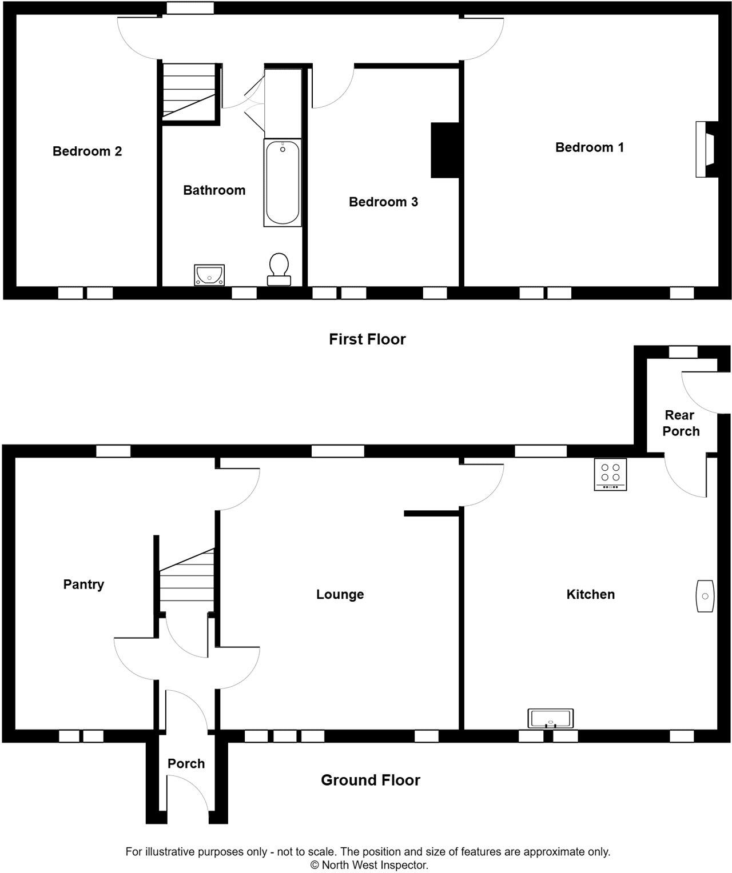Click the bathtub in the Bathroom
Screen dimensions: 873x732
(x=282, y=183)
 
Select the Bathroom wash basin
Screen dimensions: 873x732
(x=209, y=275)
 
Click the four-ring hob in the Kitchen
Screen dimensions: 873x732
(x=610, y=474)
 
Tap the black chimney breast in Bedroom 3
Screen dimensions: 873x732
(x=445, y=150)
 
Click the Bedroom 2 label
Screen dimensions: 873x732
(x=87, y=151)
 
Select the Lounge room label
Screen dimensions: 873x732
(x=340, y=595)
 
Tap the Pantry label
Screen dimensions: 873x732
(x=83, y=584)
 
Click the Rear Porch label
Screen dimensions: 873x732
(x=681, y=423)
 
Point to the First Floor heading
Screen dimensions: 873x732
(x=367, y=339)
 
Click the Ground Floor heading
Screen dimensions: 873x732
(x=370, y=780)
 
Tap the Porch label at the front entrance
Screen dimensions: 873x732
(x=186, y=764)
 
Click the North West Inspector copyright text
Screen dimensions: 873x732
(x=369, y=865)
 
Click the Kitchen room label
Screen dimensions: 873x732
(x=590, y=595)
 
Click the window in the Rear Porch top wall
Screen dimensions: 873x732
(x=683, y=352)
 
